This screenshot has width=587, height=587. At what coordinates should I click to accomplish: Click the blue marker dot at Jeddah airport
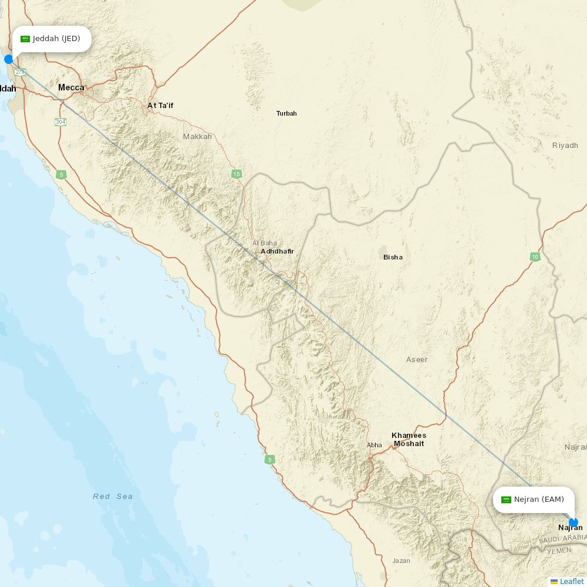pyautogui.click(x=9, y=59)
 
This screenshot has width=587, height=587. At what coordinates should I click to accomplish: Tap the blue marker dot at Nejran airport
pyautogui.click(x=573, y=522)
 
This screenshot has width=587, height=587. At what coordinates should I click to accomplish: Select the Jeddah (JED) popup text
pyautogui.click(x=56, y=39)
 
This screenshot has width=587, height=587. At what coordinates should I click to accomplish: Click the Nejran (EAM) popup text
pyautogui.click(x=538, y=500)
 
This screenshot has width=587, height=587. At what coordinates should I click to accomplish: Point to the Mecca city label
pyautogui.click(x=71, y=87)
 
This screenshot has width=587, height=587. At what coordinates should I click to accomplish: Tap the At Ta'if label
pyautogui.click(x=160, y=106)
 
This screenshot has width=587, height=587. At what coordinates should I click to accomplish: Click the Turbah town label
pyautogui.click(x=286, y=113)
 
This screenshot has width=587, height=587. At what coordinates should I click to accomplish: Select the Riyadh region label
pyautogui.click(x=565, y=145)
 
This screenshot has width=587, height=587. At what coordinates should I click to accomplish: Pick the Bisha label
pyautogui.click(x=393, y=257)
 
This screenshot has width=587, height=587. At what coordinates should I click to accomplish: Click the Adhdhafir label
pyautogui.click(x=277, y=251)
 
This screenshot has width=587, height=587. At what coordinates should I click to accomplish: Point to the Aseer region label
pyautogui.click(x=417, y=359)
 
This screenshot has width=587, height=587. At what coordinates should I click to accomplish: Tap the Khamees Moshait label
pyautogui.click(x=409, y=439)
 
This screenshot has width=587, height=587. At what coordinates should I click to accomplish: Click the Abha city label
pyautogui.click(x=375, y=445)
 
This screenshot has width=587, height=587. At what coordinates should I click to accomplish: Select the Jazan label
pyautogui.click(x=402, y=561)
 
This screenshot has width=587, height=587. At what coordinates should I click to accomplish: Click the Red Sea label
pyautogui.click(x=113, y=497)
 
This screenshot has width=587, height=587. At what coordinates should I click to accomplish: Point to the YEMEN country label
pyautogui.click(x=558, y=551)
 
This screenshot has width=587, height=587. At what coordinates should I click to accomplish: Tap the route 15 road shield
pyautogui.click(x=237, y=174)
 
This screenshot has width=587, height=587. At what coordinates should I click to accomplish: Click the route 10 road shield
pyautogui.click(x=535, y=257)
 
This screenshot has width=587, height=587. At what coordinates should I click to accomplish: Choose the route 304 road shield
pyautogui.click(x=60, y=122)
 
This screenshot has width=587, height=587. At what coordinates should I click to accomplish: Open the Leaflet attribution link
pyautogui.click(x=571, y=581)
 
